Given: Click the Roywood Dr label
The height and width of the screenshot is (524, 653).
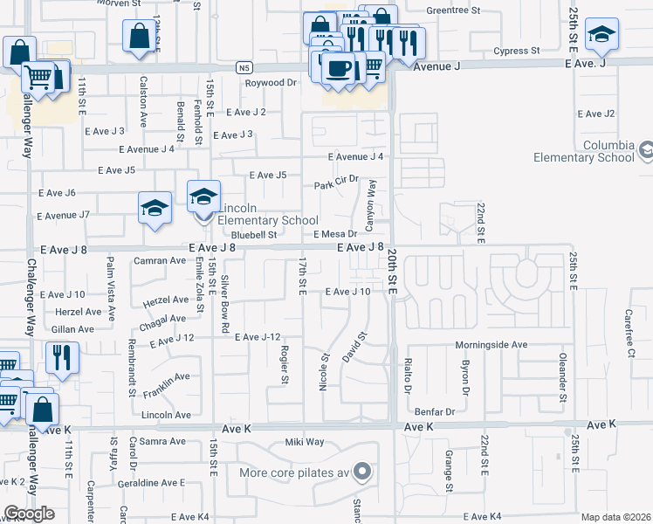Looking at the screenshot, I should coord(271,83).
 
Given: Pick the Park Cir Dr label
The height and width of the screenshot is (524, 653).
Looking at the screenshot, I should coord(337,186).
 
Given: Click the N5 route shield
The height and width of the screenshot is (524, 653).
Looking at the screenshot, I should coord(244,66).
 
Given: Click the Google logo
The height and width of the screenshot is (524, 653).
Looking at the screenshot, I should coord(29,514).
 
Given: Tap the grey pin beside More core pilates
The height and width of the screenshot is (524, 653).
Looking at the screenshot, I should coord(362,473).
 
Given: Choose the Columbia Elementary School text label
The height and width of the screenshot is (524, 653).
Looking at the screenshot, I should coord(585,151).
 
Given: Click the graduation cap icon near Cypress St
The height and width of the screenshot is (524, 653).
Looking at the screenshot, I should coord(601,33).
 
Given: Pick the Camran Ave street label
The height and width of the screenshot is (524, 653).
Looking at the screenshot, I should coord(156,260).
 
